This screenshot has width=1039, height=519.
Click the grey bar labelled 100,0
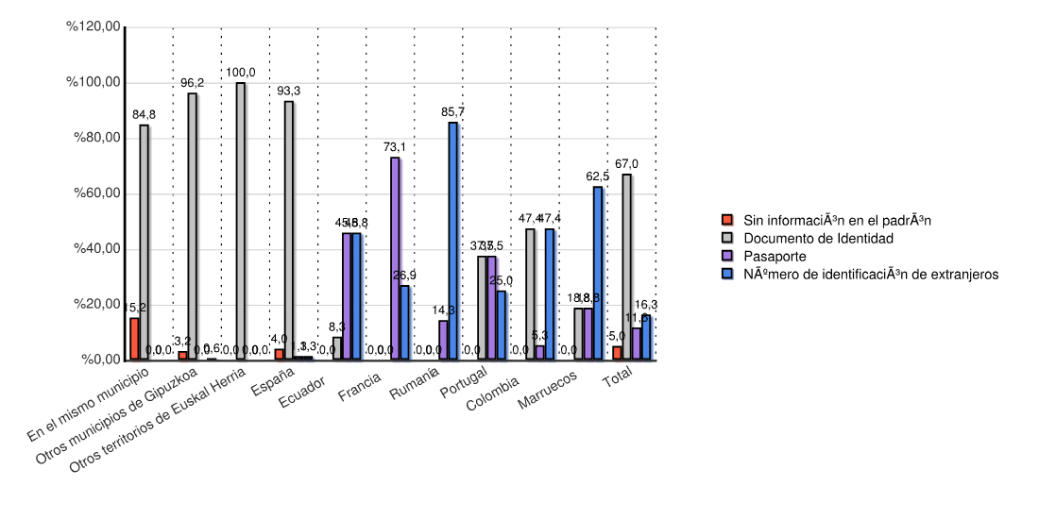click(241, 221)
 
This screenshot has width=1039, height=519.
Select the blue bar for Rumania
click(453, 241)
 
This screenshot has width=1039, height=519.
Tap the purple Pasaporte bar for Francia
click(395, 259)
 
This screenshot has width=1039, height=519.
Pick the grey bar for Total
click(627, 267)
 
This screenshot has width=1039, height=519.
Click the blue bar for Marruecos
click(598, 273)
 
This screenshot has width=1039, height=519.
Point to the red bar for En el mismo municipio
click(134, 339)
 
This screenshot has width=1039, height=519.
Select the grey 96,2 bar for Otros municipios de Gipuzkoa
click(193, 226)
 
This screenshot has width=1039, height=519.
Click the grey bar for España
click(289, 230)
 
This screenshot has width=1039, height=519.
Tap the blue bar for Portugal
click(502, 325)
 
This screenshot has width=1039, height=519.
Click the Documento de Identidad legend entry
click(818, 238)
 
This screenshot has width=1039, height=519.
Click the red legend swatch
click(728, 221)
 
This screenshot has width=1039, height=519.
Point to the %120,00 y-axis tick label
click(94, 26)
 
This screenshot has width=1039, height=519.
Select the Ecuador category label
click(303, 391)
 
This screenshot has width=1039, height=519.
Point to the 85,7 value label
click(453, 112)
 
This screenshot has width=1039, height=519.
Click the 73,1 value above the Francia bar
click(395, 147)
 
